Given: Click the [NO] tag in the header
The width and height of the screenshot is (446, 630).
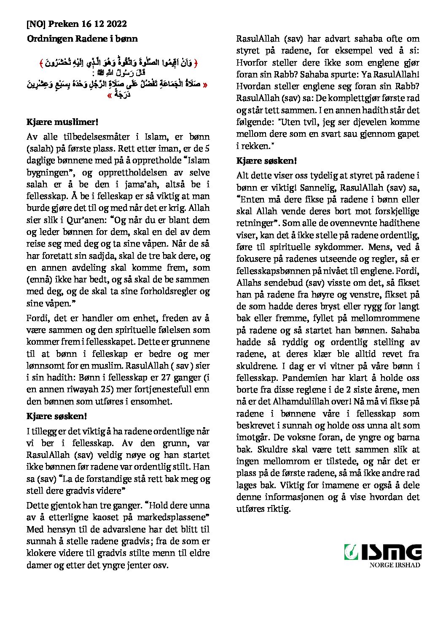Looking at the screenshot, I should (x=36, y=24).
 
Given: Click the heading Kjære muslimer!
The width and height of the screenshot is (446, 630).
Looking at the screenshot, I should (x=62, y=122).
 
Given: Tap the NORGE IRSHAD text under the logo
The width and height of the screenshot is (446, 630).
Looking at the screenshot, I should (x=395, y=565).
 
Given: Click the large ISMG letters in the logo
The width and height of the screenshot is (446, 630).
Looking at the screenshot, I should (x=391, y=552).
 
